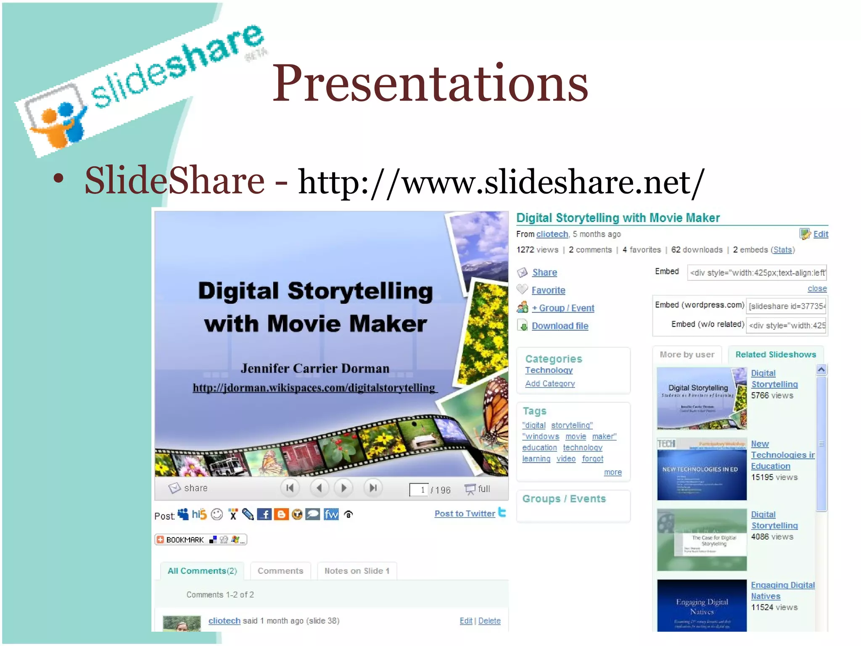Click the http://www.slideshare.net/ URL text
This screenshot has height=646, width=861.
pyautogui.click(x=500, y=182)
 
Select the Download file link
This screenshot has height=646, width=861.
pyautogui.click(x=560, y=326)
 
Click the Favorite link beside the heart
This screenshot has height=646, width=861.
pyautogui.click(x=548, y=290)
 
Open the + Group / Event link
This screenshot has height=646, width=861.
pyautogui.click(x=563, y=308)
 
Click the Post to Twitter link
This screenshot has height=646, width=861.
pyautogui.click(x=465, y=514)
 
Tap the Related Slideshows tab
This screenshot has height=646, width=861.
pyautogui.click(x=775, y=355)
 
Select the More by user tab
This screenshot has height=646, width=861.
pyautogui.click(x=687, y=355)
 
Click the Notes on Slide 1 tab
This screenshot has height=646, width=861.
pyautogui.click(x=357, y=571)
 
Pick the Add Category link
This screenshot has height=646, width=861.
pyautogui.click(x=549, y=384)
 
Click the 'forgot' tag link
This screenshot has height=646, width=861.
pyautogui.click(x=592, y=459)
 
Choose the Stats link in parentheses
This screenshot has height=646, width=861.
pyautogui.click(x=782, y=250)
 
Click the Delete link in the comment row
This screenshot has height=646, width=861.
pyautogui.click(x=489, y=621)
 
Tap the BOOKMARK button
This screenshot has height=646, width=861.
pyautogui.click(x=201, y=540)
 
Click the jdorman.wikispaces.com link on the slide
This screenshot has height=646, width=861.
pyautogui.click(x=314, y=388)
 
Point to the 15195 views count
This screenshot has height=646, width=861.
pyautogui.click(x=774, y=477)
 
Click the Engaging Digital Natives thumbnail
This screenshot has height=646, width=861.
pyautogui.click(x=702, y=606)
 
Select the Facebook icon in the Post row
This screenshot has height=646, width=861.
pyautogui.click(x=264, y=514)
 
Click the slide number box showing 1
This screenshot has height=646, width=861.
pyautogui.click(x=419, y=490)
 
